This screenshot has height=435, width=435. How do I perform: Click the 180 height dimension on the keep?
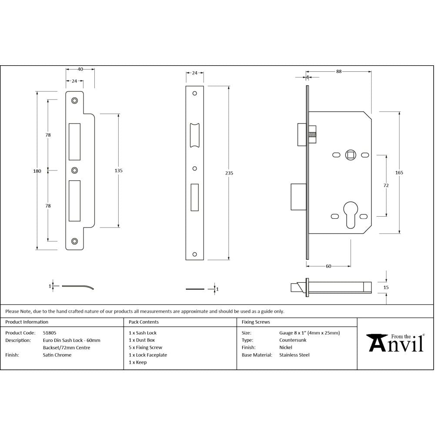tap(37, 171)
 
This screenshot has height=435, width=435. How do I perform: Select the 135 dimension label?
tap(118, 171)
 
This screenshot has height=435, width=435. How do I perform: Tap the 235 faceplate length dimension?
tap(229, 173)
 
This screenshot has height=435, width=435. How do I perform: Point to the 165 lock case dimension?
tap(399, 173)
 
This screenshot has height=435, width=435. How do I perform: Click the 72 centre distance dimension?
tap(386, 185)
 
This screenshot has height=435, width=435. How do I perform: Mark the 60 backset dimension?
tap(328, 266)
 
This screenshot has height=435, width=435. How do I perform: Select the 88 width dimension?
tap(338, 72)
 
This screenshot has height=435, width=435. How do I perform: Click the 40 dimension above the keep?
tap(80, 69)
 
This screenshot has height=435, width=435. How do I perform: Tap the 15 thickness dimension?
tap(386, 288)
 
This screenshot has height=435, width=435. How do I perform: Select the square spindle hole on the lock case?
tap(350, 154)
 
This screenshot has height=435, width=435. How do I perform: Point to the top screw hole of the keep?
tap(75, 100)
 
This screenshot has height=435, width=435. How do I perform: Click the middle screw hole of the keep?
tap(75, 171)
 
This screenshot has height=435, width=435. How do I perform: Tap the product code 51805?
tap(49, 333)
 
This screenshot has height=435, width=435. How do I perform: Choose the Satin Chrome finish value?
tap(57, 355)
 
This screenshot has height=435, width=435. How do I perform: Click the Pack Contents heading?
tap(144, 322)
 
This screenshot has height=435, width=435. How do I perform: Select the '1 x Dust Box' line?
tap(142, 340)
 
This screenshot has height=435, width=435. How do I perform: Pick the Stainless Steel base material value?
tap(294, 355)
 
